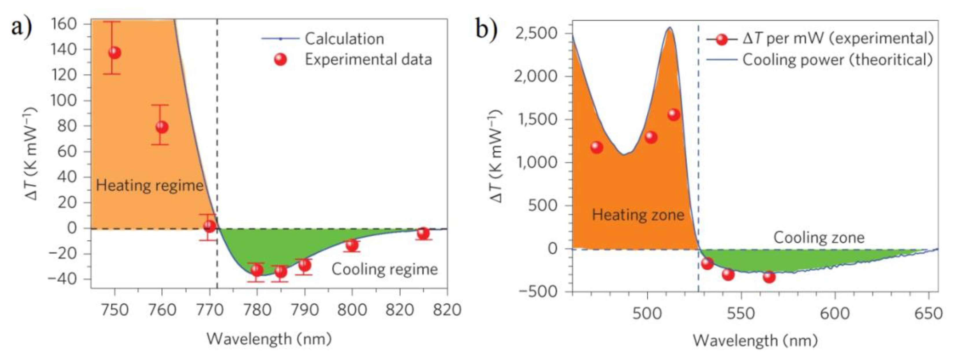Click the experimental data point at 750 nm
tap(115, 53)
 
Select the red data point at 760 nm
tap(162, 127)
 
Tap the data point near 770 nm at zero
tap(209, 226)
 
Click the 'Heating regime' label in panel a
tap(149, 185)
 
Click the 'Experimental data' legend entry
tap(368, 59)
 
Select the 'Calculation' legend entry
tap(344, 39)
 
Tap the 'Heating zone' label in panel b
tap(638, 215)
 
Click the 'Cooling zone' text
tap(819, 238)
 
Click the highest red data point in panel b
tap(673, 114)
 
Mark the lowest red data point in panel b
tap(769, 276)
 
